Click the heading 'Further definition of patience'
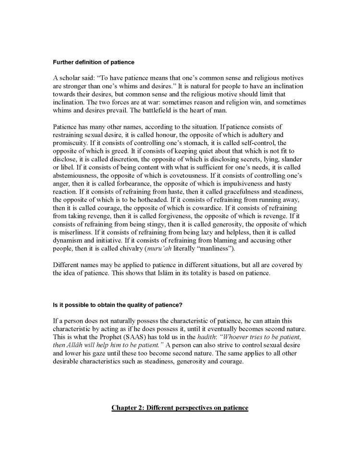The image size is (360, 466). [x=94, y=62]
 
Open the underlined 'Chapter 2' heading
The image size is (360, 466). [x=180, y=408]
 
